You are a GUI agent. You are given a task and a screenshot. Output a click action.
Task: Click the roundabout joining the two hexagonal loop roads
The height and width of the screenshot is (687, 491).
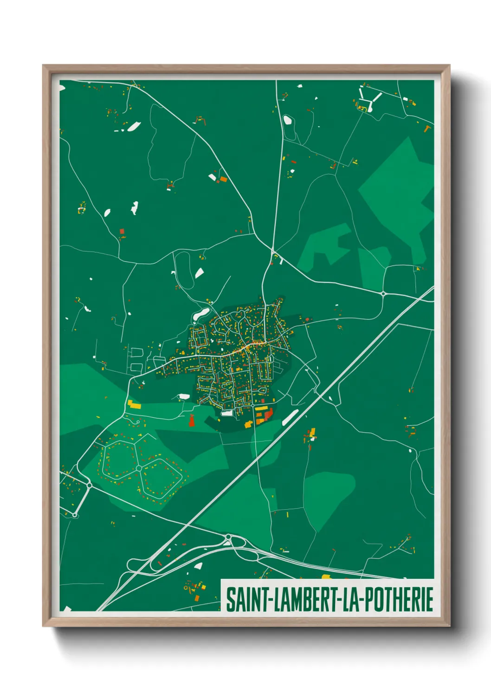pos(138,468)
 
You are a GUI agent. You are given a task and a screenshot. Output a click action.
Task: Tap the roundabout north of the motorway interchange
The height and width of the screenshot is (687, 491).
pos(228,538)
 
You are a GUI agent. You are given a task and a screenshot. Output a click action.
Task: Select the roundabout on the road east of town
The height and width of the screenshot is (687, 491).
pos(383,293)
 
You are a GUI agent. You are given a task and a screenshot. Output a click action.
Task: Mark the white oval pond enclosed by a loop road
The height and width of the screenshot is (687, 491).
pos(287,120)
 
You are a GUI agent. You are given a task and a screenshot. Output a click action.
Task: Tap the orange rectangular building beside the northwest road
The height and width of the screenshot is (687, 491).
pos(223,179)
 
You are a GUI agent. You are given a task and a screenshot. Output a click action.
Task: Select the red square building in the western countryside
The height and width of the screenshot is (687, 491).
pos(122,231)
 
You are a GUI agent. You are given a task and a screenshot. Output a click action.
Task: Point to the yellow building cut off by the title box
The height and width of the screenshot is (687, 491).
pos(326,577)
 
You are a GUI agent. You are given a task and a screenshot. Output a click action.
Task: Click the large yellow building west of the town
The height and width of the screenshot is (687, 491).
pos(134,404)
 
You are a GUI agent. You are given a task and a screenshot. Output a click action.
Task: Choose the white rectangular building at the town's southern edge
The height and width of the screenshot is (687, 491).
pos(227,413)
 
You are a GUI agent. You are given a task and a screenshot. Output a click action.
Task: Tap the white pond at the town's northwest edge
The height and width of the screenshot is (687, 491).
pos(200,314)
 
